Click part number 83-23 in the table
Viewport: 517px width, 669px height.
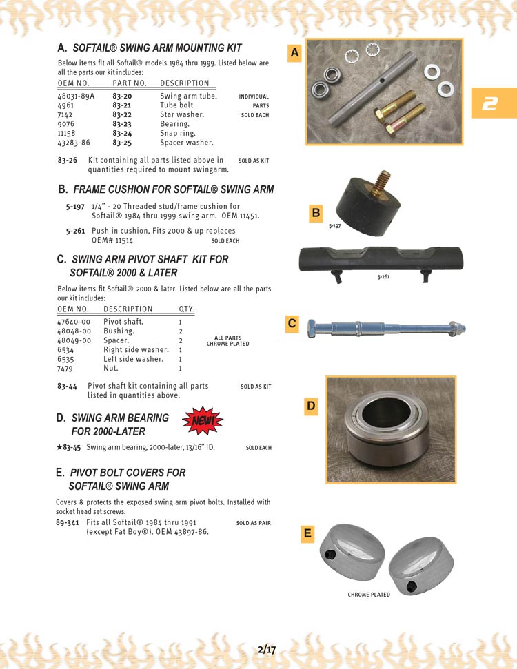coord(122,124)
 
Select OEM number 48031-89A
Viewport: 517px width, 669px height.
coord(76,96)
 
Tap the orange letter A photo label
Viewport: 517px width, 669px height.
coord(295,52)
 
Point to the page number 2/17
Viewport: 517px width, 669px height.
coord(266,649)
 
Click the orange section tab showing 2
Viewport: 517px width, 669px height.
coord(490,103)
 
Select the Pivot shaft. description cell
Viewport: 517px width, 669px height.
coord(123,322)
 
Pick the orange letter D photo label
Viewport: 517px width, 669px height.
coord(311,406)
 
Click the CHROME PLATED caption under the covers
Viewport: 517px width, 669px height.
coord(369,595)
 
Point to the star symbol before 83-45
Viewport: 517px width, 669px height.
coord(59,447)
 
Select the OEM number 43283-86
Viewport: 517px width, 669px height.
coord(74,143)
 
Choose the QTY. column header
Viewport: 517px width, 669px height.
coord(186,309)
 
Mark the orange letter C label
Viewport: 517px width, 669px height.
coord(292,323)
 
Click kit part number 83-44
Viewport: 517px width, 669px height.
coord(67,386)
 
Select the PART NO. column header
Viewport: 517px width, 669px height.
coord(130,83)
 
